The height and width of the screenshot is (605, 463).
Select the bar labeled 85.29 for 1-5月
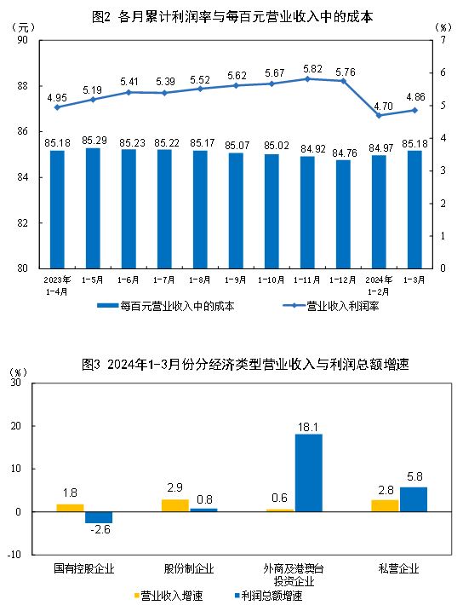pos(93,208)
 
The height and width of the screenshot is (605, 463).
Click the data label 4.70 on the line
pos(379,103)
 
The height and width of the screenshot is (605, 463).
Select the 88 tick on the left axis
pos(23,86)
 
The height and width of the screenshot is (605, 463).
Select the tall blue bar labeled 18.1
pos(308,473)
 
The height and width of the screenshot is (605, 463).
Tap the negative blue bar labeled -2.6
pos(98,517)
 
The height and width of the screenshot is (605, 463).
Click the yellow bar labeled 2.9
pos(174,505)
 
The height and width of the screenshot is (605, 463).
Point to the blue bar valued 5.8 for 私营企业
pos(413,499)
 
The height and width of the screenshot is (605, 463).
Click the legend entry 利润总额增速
pos(268,596)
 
